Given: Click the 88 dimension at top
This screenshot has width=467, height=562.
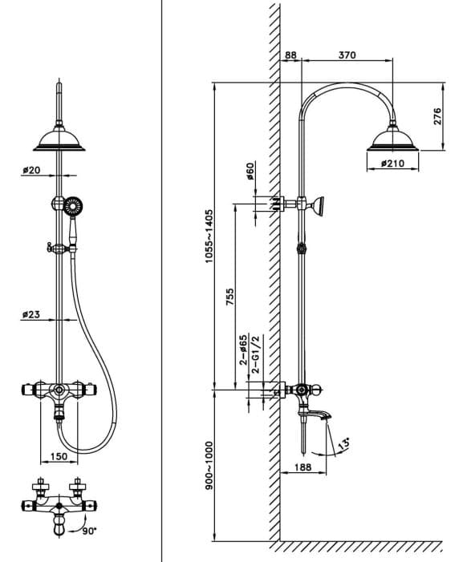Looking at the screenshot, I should [290, 55].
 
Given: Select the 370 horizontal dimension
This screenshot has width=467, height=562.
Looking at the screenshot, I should [347, 55].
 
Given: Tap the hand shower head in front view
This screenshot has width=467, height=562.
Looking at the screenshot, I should [74, 206].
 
